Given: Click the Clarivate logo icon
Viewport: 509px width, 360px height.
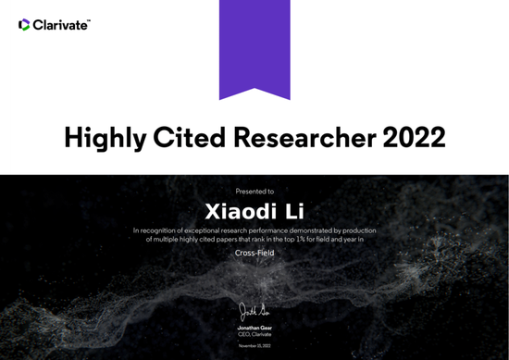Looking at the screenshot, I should tap(24, 25).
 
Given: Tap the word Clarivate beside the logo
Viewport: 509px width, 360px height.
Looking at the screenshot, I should tap(61, 25).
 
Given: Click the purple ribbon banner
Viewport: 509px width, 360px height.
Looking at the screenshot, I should tap(254, 46).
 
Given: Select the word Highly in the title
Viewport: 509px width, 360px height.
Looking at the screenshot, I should tap(104, 138).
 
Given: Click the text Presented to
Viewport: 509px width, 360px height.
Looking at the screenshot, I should tap(254, 191).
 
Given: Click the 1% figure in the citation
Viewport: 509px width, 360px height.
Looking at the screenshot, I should tap(301, 239).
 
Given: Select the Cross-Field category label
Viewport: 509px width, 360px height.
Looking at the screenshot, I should tap(254, 252).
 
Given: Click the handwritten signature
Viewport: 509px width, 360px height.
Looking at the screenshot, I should tap(254, 310).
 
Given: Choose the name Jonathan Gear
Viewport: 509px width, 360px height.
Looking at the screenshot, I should tap(254, 327).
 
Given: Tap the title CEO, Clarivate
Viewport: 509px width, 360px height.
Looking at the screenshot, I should tap(254, 334).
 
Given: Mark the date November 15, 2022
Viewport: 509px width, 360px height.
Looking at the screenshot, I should tap(254, 345).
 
